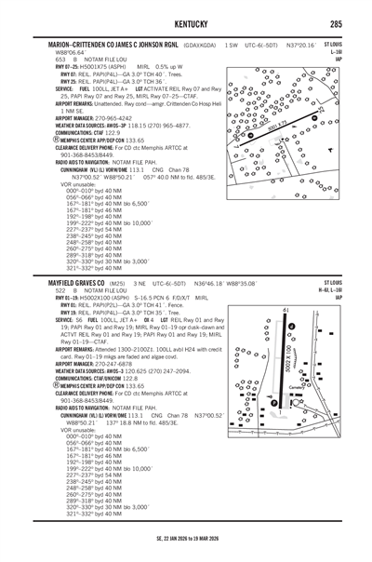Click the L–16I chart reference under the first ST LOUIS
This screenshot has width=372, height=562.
click(335, 53)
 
